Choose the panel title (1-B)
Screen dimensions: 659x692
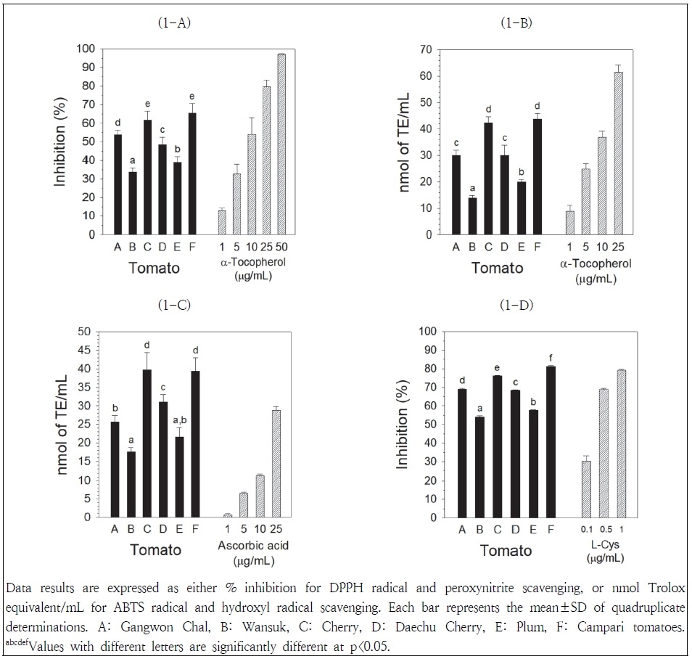tap(516, 22)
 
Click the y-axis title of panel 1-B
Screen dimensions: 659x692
tap(405, 142)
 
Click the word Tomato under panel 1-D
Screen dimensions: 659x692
tap(506, 551)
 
